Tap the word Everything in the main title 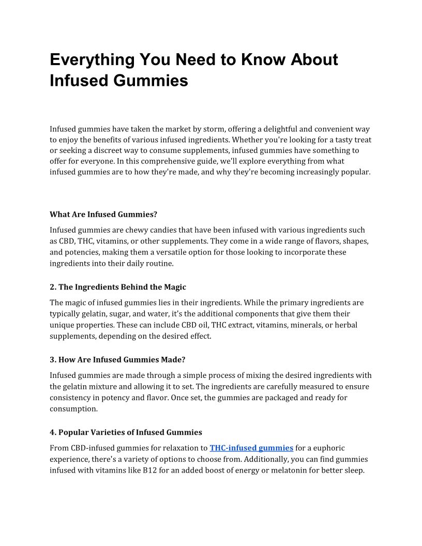coord(92,60)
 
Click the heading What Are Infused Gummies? coord(103,214)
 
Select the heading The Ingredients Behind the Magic coord(122,287)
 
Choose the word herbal coord(345,325)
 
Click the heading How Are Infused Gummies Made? coord(123,359)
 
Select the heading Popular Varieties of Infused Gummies coord(130,432)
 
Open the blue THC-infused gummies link coord(251,448)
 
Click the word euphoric coord(326,448)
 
